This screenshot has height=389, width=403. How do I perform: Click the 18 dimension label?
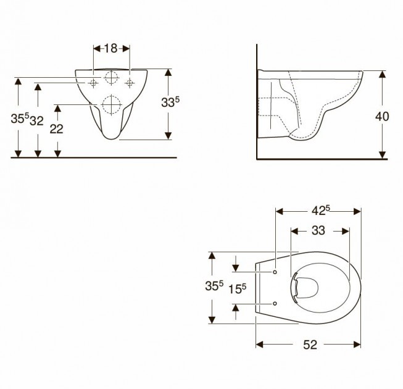pos(110,48)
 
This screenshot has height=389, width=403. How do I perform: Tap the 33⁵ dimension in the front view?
pos(170,102)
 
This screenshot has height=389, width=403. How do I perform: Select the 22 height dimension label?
pos(56,129)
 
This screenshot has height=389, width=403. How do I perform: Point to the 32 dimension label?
pos(36,120)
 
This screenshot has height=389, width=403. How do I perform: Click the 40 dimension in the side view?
pos(382,117)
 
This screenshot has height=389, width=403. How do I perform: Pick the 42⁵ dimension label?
pos(320,211)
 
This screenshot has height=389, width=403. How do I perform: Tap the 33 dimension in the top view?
pos(318,231)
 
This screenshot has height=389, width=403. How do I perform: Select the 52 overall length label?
pos(310,345)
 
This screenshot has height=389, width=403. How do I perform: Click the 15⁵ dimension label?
pos(237,289)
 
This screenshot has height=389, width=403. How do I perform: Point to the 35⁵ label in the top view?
pos(214,286)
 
